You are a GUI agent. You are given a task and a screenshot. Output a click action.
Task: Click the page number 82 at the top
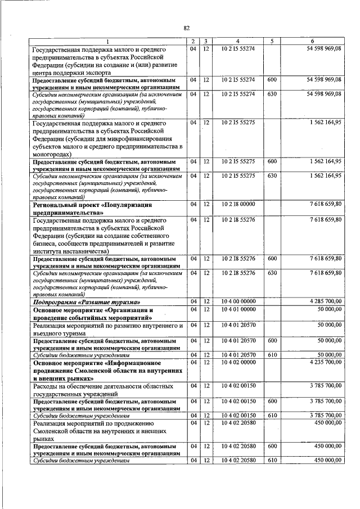187,28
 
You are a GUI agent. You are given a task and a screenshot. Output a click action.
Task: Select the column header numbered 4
238,41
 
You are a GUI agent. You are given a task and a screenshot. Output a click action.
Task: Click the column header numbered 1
108,41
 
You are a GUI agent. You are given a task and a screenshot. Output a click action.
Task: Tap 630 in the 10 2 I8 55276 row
272,273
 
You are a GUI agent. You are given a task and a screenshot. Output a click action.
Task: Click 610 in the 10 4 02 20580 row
272,460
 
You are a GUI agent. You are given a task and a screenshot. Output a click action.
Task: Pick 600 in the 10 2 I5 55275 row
272,161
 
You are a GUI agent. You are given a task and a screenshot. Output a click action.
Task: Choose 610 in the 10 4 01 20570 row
272,355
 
